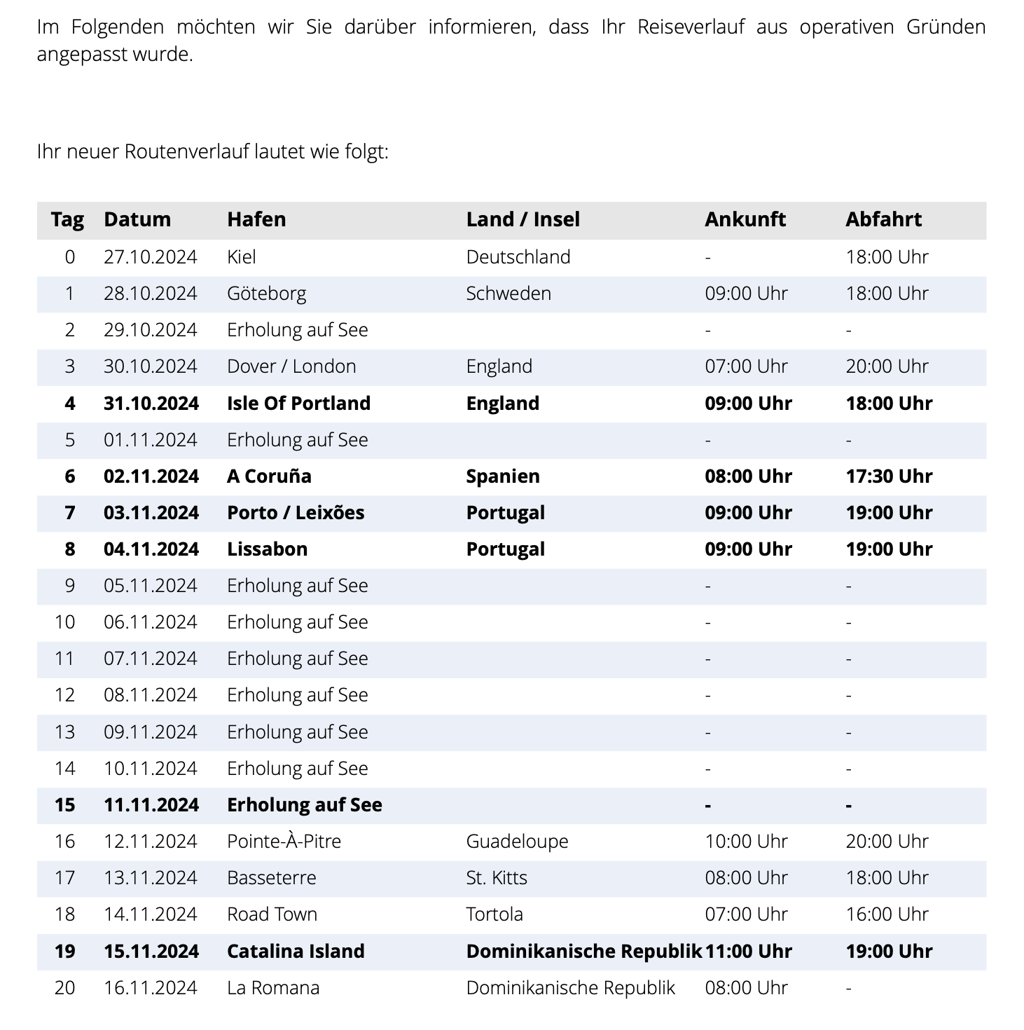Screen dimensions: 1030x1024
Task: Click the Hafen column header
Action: click(256, 219)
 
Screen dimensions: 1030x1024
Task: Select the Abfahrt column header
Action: click(883, 219)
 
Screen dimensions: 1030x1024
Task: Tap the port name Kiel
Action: click(242, 257)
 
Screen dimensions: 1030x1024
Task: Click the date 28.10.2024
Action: click(151, 294)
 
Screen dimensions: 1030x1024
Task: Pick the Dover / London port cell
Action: click(291, 366)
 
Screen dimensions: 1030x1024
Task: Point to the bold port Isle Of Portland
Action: click(298, 404)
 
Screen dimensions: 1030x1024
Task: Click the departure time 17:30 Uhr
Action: click(889, 476)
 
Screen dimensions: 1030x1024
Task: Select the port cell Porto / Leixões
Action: click(296, 513)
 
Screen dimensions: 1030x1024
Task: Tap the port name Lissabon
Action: click(267, 549)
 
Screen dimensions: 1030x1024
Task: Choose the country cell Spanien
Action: click(503, 476)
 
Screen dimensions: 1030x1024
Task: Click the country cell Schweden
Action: click(508, 294)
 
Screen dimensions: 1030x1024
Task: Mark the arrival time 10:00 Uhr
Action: click(746, 842)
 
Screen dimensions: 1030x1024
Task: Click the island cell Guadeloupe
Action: click(517, 842)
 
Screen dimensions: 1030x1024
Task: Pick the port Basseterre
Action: click(272, 878)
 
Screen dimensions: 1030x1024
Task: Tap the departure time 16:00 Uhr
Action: click(887, 914)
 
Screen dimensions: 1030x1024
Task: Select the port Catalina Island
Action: click(296, 952)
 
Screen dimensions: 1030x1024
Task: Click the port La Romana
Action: click(273, 988)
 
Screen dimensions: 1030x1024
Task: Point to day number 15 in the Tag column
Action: click(65, 805)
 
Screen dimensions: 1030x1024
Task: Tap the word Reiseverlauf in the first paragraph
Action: click(691, 27)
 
